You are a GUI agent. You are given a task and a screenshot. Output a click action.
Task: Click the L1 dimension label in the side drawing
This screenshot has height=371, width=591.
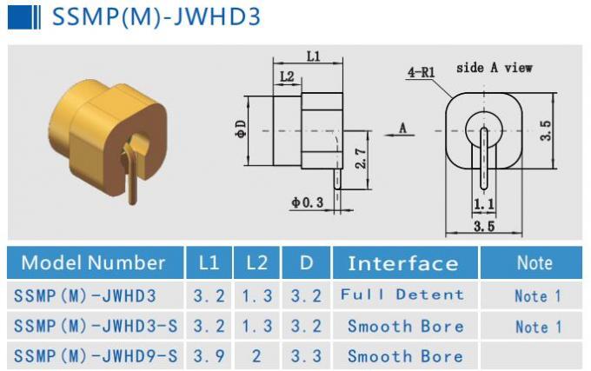tap(313, 56)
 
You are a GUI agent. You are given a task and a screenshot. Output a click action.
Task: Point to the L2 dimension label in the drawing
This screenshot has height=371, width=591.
tap(286, 76)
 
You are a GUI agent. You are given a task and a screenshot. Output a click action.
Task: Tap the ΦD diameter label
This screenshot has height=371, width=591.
tap(241, 129)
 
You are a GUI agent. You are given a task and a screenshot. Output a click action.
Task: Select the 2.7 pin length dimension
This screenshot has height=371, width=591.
tap(361, 158)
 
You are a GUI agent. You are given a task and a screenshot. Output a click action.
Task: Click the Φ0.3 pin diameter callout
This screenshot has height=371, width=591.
tap(307, 202)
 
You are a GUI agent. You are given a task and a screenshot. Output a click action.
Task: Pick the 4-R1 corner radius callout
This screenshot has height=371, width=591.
tap(421, 73)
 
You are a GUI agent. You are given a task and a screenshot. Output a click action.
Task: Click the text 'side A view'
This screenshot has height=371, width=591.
tap(494, 67)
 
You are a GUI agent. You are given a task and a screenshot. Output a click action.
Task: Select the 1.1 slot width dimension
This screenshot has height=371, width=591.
tap(483, 204)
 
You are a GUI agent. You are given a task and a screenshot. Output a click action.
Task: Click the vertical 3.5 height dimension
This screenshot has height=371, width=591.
tap(546, 130)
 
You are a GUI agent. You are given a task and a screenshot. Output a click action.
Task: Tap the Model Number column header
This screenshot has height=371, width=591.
tap(93, 262)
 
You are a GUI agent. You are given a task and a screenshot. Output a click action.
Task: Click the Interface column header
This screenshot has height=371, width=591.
tap(402, 263)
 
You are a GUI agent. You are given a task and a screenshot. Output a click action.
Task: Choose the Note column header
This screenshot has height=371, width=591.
tap(534, 262)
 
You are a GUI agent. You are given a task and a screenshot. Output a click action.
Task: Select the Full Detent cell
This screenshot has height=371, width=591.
tap(402, 295)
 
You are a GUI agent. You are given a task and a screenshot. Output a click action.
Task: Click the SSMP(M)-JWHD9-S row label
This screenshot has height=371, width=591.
tap(96, 356)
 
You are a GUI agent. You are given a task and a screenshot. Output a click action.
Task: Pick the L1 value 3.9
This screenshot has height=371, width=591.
tap(209, 356)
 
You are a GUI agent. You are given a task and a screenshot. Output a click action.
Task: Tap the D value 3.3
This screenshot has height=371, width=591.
tap(306, 356)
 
